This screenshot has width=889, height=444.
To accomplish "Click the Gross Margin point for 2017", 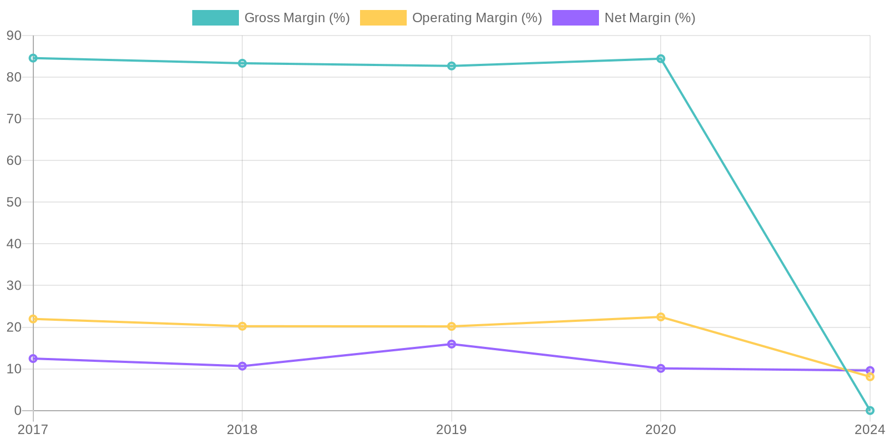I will click(33, 58).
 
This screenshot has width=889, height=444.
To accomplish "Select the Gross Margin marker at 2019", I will click(452, 66).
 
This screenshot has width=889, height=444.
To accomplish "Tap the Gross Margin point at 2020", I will click(661, 59).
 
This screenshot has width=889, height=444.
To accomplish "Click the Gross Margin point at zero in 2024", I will click(870, 411).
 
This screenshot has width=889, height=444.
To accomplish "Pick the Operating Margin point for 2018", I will click(242, 326).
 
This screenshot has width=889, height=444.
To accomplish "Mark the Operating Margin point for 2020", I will click(661, 317).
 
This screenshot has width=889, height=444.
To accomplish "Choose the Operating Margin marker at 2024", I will click(870, 377).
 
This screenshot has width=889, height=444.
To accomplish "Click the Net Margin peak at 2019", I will click(452, 344).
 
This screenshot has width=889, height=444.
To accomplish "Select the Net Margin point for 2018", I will click(242, 366).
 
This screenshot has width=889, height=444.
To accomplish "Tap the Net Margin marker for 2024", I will click(870, 370).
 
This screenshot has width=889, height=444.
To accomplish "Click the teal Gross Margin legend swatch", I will click(215, 18).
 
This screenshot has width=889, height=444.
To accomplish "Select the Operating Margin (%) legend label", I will click(477, 18).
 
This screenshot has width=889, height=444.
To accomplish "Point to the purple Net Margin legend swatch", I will click(575, 18).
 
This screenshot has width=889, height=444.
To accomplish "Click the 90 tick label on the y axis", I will click(14, 36).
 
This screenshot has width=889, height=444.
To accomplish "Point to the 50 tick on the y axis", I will click(14, 202).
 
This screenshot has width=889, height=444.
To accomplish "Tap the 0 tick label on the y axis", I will click(18, 411).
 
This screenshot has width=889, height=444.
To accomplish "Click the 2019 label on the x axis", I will click(452, 430).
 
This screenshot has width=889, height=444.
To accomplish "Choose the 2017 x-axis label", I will click(33, 430).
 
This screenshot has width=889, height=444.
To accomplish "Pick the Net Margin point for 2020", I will click(661, 369).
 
